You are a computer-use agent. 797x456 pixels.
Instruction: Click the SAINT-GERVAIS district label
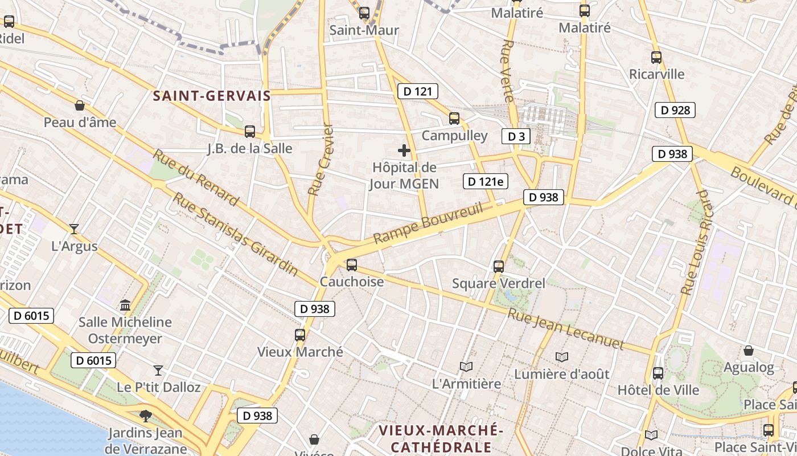(212, 96)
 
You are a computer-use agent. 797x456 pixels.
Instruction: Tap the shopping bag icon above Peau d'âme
(80, 105)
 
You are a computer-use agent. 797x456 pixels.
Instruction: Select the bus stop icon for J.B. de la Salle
(249, 132)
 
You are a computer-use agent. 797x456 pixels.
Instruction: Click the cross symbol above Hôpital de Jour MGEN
(404, 150)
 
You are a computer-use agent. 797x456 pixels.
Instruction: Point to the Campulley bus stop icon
(454, 119)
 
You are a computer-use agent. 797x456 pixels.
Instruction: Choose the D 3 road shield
(516, 136)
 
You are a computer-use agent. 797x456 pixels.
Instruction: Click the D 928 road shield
(676, 110)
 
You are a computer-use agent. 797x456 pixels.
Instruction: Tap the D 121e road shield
(485, 181)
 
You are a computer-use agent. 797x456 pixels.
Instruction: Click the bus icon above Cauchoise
(351, 264)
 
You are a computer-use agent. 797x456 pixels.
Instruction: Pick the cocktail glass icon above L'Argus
(74, 229)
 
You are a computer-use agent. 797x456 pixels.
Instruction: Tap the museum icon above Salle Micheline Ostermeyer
(125, 305)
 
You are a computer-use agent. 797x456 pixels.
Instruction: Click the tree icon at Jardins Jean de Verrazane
(146, 416)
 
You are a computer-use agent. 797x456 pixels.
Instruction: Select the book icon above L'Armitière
(466, 367)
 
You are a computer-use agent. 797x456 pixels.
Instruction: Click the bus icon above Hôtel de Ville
(658, 373)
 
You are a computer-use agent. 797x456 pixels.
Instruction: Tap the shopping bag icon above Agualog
(749, 351)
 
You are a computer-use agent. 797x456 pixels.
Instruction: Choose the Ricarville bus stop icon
(656, 57)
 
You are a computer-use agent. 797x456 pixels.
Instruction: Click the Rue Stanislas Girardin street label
(236, 234)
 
